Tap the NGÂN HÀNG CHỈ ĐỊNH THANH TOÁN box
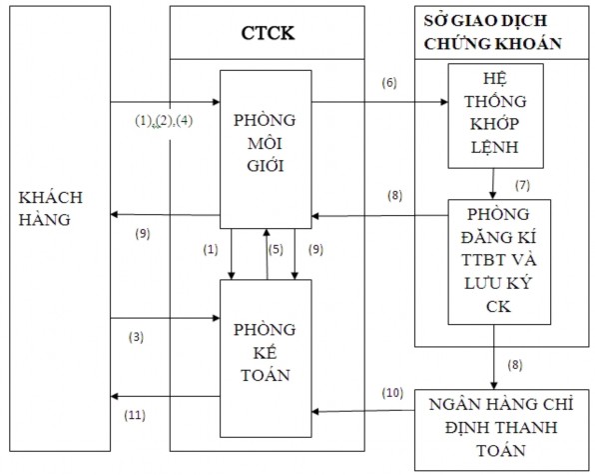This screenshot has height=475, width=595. tap(497, 427)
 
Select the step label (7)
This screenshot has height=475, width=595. tap(520, 186)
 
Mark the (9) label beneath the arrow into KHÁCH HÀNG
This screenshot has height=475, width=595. tap(141, 234)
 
